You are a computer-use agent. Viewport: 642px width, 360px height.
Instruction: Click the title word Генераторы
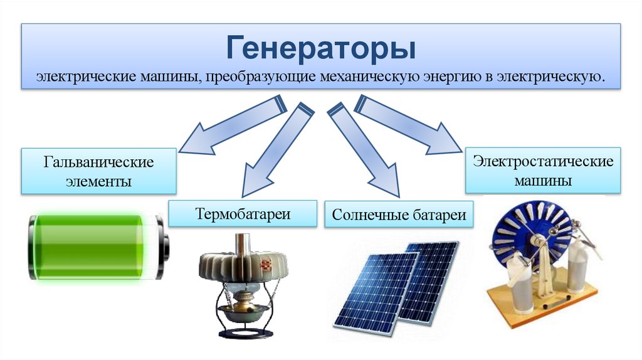pos(320,49)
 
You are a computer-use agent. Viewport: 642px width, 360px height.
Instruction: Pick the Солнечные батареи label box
pos(399,216)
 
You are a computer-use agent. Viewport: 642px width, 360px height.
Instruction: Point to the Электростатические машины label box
pos(543,170)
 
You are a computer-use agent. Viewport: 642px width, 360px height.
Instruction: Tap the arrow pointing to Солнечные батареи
pos(364,148)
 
